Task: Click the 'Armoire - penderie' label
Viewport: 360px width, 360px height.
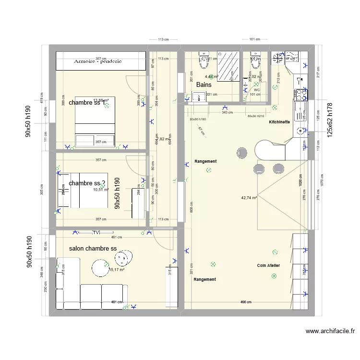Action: click(x=98, y=61)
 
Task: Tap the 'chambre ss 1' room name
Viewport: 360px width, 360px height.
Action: click(x=87, y=103)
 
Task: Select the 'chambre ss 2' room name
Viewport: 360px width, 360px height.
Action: click(x=87, y=183)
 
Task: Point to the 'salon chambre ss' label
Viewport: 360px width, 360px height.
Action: click(x=93, y=249)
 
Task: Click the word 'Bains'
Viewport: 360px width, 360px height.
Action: click(x=204, y=85)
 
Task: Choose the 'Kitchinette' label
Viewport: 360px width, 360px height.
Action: click(x=279, y=122)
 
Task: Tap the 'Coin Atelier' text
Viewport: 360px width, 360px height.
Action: click(x=268, y=265)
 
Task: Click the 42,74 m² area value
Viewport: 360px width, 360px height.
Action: click(x=249, y=197)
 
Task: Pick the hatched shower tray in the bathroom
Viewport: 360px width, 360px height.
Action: click(x=229, y=66)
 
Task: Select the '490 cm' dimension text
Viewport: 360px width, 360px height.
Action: click(x=246, y=302)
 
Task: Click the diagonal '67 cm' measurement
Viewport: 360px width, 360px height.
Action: click(x=200, y=128)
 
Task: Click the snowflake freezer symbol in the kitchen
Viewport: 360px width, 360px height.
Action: click(x=278, y=59)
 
